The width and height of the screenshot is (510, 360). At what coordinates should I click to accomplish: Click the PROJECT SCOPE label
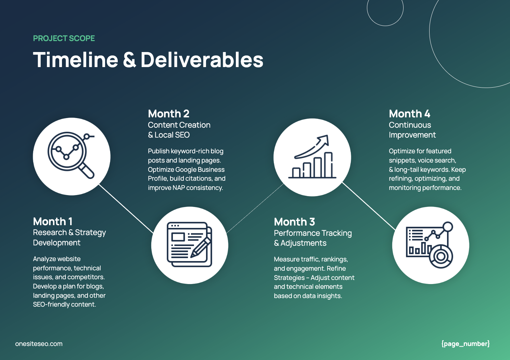click(64, 38)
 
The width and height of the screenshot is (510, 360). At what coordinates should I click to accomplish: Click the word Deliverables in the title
click(202, 60)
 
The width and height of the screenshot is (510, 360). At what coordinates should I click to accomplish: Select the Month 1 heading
click(53, 221)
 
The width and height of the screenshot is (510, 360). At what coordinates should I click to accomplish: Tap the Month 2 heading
click(168, 114)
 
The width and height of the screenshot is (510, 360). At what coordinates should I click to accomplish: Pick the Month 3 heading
click(294, 222)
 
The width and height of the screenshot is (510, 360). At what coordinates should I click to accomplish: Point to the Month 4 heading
click(409, 114)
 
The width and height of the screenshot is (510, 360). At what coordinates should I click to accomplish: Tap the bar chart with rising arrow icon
click(312, 157)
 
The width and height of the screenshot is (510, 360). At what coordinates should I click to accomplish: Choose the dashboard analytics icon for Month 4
click(430, 245)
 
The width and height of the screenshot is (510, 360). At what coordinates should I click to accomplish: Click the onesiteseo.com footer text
click(39, 344)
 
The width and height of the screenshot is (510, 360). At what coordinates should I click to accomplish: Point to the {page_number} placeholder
click(465, 344)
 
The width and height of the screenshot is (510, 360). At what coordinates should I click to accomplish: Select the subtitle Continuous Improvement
click(412, 130)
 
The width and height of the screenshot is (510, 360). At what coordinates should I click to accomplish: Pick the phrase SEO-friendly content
click(64, 305)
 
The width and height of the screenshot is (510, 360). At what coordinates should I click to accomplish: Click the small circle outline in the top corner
click(385, 8)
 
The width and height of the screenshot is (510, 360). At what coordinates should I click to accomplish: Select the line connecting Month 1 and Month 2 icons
click(126, 209)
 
